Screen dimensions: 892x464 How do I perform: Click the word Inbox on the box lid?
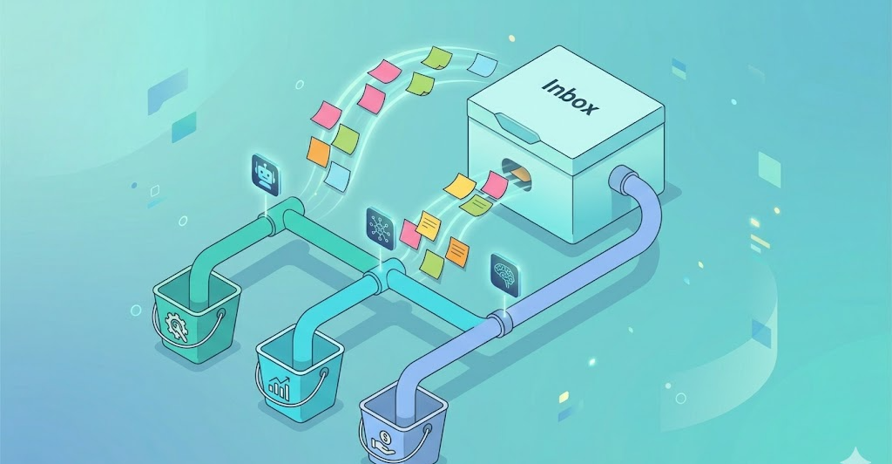570,97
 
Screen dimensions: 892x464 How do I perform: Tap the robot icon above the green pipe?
265,175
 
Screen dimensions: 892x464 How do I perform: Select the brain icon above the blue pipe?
505,276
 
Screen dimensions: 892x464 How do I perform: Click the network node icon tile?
380,229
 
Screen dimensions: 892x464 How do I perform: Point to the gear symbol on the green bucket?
176,325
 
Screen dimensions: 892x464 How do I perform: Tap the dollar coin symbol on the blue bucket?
384,441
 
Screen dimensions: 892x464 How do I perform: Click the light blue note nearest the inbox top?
483,65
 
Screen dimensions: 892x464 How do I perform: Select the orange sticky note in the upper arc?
319,152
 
